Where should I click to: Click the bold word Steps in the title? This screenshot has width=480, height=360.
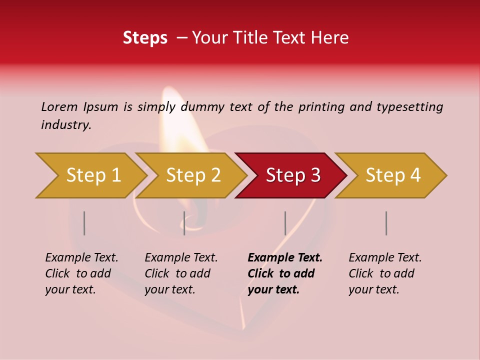[145, 38]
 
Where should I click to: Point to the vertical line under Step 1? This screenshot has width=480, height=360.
[84, 223]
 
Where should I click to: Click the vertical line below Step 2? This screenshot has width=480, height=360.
[184, 223]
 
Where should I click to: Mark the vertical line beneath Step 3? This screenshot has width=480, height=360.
[285, 223]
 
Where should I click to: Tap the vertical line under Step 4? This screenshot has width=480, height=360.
[386, 223]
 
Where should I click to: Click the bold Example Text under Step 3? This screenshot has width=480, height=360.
[285, 258]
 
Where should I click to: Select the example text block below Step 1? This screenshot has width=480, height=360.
[81, 273]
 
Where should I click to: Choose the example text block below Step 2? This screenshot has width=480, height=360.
[181, 273]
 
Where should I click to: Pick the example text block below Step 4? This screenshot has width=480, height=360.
[385, 273]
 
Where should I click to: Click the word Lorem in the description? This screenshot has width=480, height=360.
[59, 106]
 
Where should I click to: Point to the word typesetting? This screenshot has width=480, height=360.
[409, 107]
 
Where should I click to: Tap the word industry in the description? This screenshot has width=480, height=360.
[66, 125]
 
